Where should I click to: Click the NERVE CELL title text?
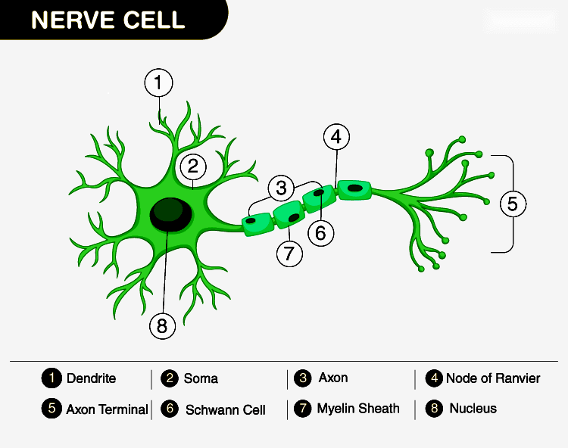point(108,20)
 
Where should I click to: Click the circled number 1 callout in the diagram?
point(159,84)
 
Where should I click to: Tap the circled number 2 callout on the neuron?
point(192,166)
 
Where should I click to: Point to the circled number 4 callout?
point(337,138)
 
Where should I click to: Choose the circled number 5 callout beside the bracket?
point(513,204)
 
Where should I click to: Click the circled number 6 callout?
point(320,233)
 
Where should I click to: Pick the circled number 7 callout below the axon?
point(289,254)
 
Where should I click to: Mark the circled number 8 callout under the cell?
point(162,326)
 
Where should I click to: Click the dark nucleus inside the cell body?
point(170,214)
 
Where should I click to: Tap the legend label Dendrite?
point(91,378)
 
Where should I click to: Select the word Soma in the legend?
point(201,378)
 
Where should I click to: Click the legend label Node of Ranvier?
point(493,378)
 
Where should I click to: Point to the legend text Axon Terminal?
point(107,409)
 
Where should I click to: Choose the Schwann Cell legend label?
point(225,410)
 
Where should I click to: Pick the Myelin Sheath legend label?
point(358,409)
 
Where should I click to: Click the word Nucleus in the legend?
point(473,409)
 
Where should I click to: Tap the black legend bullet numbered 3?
point(304,378)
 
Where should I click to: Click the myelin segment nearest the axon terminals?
point(354,188)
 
